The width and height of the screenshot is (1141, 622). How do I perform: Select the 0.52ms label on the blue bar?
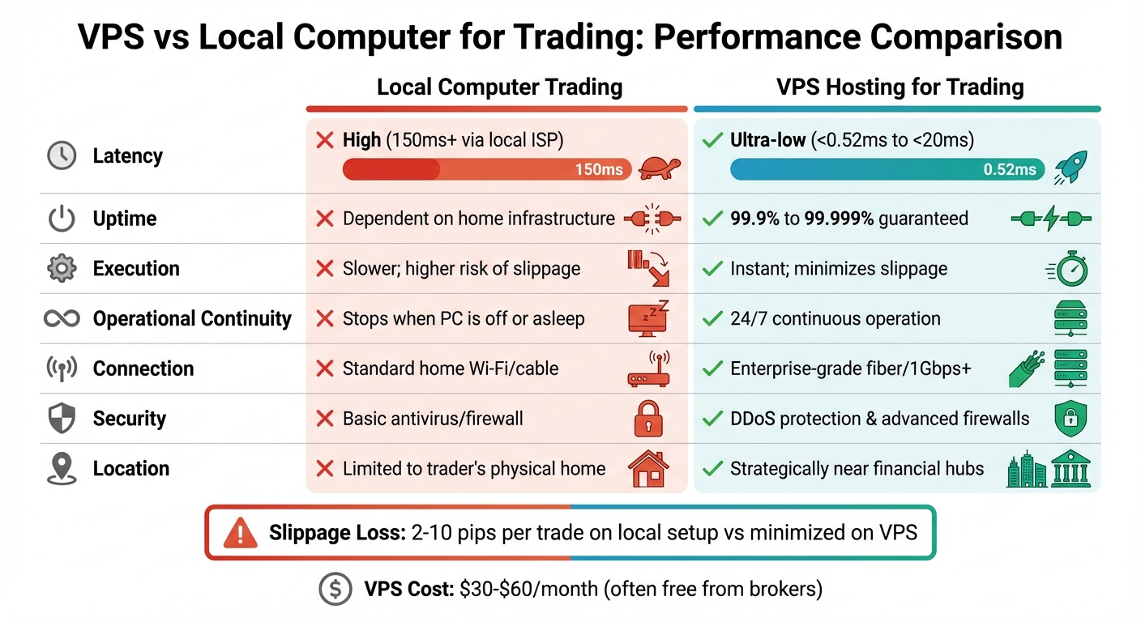(1010, 169)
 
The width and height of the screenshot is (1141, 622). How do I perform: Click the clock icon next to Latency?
(62, 155)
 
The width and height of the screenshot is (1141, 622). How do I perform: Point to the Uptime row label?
(124, 219)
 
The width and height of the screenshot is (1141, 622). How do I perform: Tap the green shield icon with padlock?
(1070, 419)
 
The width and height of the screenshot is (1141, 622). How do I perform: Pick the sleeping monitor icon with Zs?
(649, 318)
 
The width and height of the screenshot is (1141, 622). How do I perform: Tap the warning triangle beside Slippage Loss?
(241, 534)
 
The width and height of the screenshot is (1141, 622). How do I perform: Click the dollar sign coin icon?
(335, 589)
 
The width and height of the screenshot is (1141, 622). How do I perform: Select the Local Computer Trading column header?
(499, 87)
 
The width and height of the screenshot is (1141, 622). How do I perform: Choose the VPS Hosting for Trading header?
(900, 87)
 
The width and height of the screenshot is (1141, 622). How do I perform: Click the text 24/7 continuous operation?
(835, 318)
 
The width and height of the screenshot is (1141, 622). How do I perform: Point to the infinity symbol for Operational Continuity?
(62, 318)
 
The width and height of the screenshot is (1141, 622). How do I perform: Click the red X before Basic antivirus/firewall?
(325, 419)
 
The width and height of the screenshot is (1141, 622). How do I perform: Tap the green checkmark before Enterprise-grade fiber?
(712, 369)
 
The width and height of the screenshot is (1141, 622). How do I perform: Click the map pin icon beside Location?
(62, 469)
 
